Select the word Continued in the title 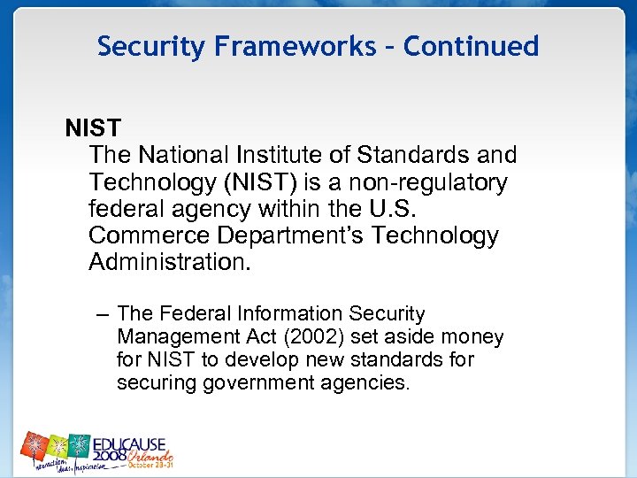(x=471, y=46)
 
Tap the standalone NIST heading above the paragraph (x=92, y=128)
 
